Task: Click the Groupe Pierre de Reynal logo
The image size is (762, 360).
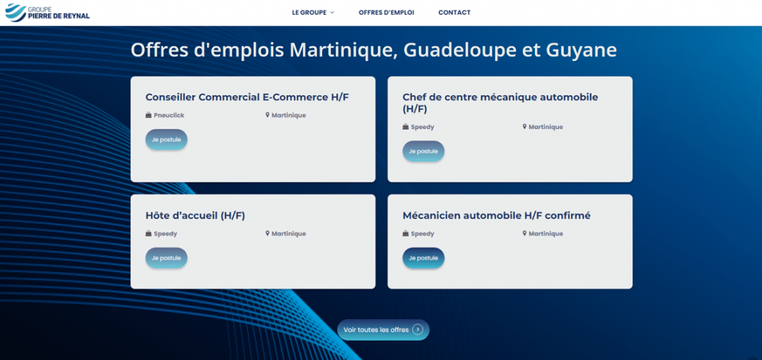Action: tap(47, 13)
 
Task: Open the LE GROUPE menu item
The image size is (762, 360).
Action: tap(309, 13)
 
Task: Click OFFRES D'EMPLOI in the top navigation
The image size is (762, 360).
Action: tap(386, 13)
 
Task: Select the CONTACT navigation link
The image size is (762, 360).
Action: tap(454, 13)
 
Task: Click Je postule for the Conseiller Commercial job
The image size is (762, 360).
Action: tap(166, 140)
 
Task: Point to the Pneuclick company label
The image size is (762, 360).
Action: tap(169, 115)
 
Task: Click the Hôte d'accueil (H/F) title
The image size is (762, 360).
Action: tap(195, 216)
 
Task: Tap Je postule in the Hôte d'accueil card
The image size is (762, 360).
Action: tap(166, 258)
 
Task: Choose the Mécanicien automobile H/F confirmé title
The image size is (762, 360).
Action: tap(496, 216)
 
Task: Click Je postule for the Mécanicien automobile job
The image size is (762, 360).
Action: tap(423, 258)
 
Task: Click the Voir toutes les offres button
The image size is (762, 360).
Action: tap(383, 330)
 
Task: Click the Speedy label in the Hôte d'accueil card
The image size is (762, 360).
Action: tap(165, 234)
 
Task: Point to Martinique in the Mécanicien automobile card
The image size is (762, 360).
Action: tap(545, 234)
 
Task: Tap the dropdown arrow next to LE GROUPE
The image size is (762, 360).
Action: tap(333, 13)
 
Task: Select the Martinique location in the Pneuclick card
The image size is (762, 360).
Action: tap(289, 115)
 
